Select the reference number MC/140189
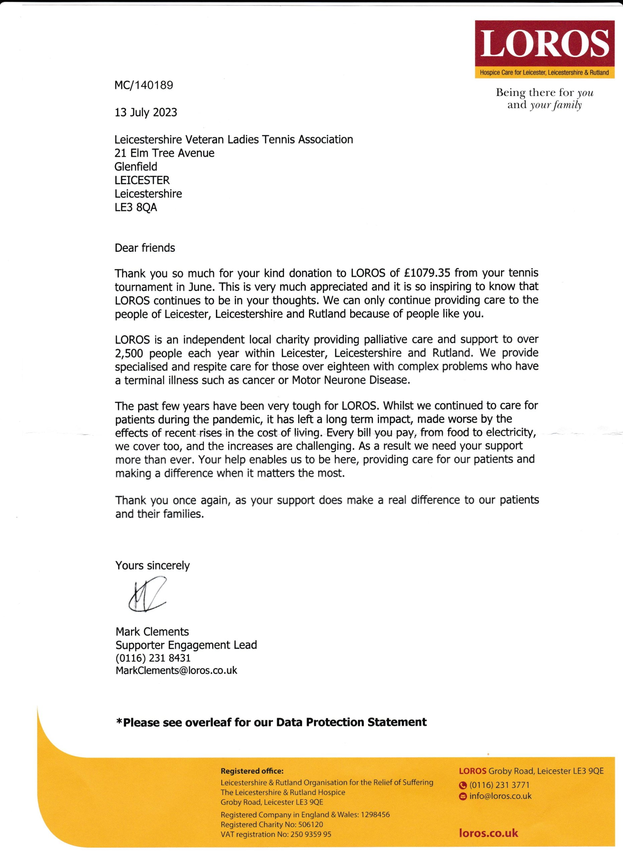click(144, 85)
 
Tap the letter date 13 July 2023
click(146, 112)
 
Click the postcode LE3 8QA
click(136, 207)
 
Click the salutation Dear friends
click(145, 248)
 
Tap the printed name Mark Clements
click(152, 632)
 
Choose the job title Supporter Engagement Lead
click(186, 645)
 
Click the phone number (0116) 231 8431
click(153, 658)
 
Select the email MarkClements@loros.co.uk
click(176, 671)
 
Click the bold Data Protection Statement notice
click(272, 722)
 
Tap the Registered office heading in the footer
click(252, 771)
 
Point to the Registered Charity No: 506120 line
click(272, 825)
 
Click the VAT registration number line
click(276, 834)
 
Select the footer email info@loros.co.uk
click(500, 796)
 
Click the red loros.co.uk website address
click(488, 833)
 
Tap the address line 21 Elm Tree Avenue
click(164, 153)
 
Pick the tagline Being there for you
click(544, 93)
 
